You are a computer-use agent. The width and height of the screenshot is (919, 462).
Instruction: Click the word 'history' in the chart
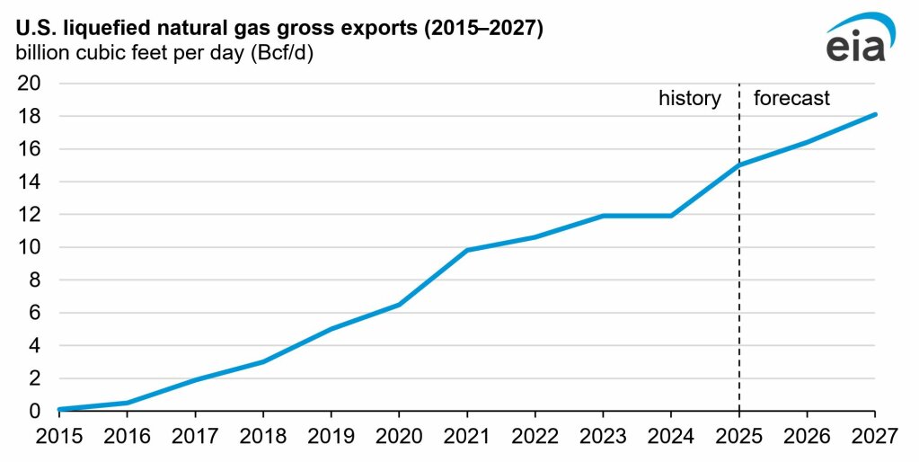[x=689, y=99]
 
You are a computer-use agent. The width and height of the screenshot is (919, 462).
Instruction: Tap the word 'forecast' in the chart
[x=791, y=99]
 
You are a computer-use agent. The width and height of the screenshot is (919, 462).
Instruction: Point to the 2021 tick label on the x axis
[x=467, y=438]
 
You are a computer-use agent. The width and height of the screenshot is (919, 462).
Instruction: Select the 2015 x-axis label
[x=59, y=438]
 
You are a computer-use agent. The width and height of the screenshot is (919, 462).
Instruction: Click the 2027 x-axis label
[x=875, y=438]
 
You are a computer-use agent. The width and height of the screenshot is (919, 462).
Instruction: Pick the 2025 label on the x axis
[x=739, y=438]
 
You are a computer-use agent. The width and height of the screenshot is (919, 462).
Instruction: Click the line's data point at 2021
[x=467, y=250]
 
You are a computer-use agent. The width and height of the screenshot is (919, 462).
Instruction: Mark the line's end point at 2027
[x=875, y=114]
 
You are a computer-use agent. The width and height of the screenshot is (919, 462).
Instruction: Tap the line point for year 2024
[x=671, y=216]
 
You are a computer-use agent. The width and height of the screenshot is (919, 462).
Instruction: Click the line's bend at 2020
[x=399, y=305]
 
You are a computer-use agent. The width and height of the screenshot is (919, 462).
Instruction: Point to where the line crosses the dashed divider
[x=739, y=164]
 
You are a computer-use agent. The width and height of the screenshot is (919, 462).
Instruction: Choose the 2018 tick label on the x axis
[x=263, y=438]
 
